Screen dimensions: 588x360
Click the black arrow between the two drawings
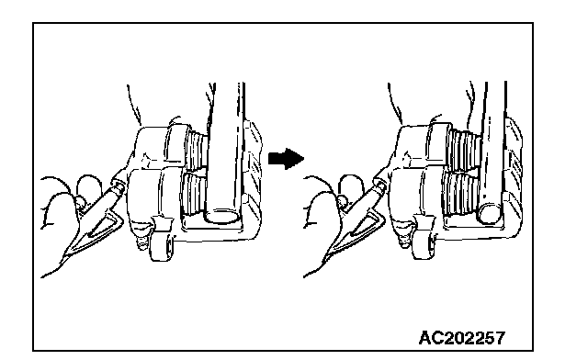point(286,158)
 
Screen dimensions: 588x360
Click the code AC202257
point(461,338)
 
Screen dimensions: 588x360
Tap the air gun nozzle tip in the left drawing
point(121,184)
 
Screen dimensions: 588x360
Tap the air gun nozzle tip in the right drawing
point(382,185)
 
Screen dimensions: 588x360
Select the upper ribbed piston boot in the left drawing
point(196,150)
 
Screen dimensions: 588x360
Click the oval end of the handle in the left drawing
point(221,216)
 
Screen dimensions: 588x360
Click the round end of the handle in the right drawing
point(489,213)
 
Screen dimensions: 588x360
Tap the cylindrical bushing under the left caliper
point(162,245)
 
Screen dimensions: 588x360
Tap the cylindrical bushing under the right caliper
point(424,245)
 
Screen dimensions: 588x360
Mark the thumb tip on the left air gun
point(80,203)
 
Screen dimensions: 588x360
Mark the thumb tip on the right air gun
point(343,202)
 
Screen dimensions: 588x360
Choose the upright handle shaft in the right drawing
point(493,146)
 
